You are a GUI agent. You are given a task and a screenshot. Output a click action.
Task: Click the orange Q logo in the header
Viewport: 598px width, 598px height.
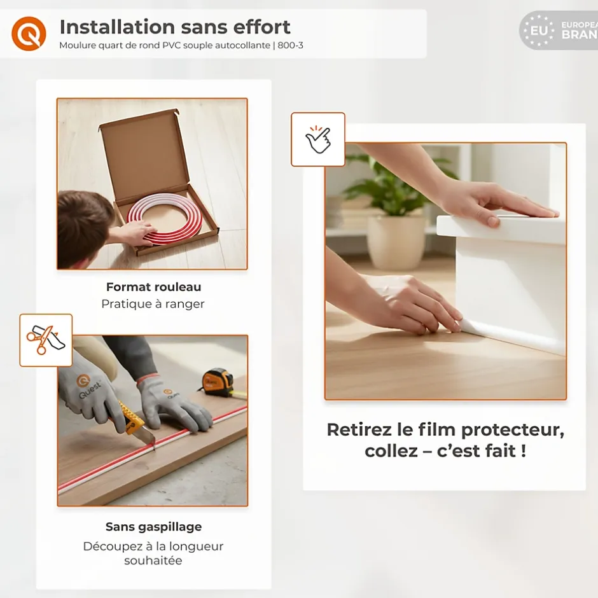click(x=29, y=34)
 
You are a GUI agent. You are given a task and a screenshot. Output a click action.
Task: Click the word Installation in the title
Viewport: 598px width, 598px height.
click(x=117, y=27)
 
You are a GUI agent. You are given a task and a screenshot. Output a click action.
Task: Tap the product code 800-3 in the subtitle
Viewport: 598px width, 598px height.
click(x=290, y=45)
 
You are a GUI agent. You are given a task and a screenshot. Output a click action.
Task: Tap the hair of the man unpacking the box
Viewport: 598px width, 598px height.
click(x=82, y=221)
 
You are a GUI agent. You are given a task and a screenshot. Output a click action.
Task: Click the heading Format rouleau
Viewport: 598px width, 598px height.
click(x=153, y=287)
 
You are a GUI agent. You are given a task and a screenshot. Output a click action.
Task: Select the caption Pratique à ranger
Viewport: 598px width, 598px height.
click(x=153, y=304)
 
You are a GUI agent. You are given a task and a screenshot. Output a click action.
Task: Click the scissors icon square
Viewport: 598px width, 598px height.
click(x=46, y=340)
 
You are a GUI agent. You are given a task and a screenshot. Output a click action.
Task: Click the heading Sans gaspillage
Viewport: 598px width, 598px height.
click(x=154, y=527)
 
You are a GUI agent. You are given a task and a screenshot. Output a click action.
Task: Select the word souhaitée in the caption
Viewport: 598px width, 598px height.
click(x=153, y=560)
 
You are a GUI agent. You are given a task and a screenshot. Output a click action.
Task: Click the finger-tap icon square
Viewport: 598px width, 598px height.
click(x=318, y=139)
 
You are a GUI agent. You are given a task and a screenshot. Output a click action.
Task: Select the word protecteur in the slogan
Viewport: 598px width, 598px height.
click(x=513, y=431)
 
